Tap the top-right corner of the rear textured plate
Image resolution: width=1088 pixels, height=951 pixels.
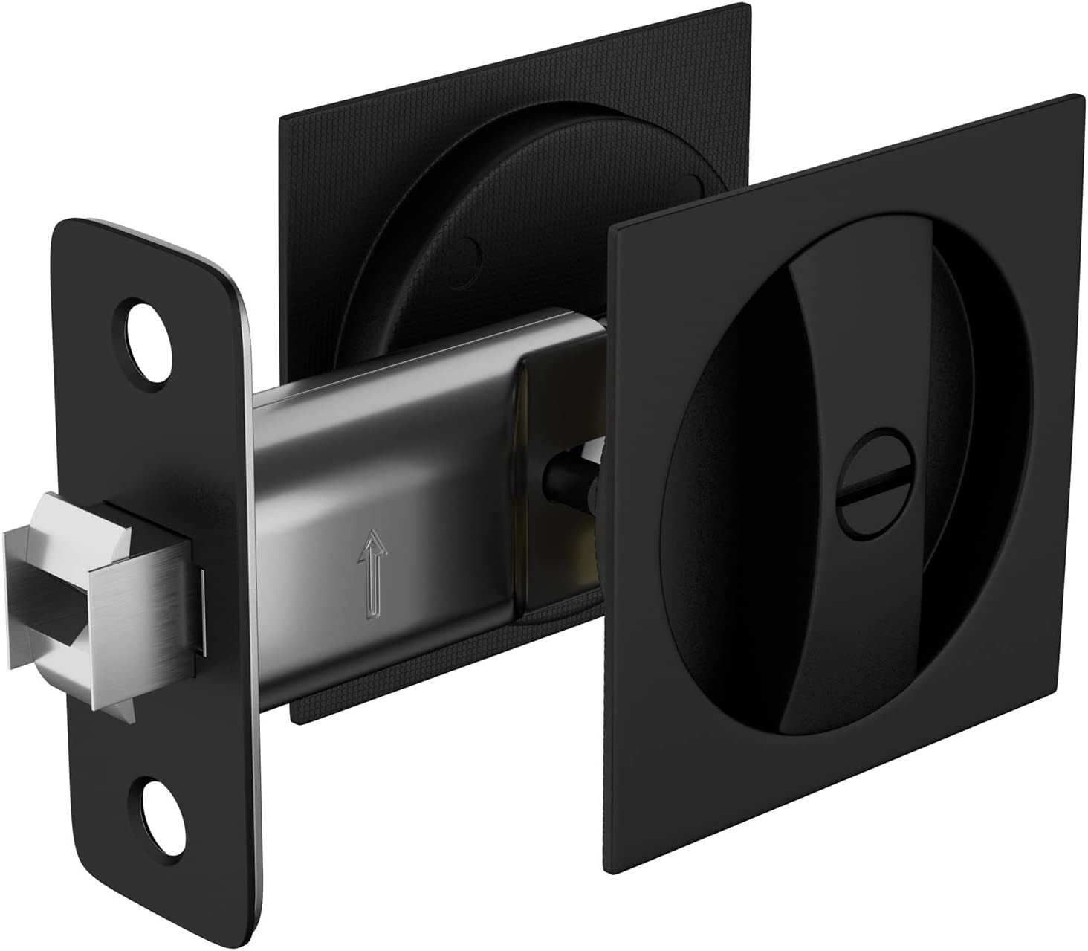pyautogui.click(x=743, y=6)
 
